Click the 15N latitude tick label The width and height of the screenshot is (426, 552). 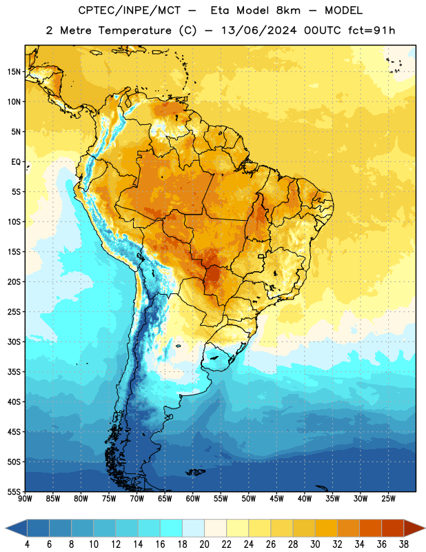coord(14,72)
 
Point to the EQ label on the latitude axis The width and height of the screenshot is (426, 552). coord(16,162)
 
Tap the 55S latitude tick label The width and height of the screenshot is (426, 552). coord(14,491)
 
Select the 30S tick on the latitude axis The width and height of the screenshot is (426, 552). coord(14,342)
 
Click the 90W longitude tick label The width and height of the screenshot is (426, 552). coord(25,499)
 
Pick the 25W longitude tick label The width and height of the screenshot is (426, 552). coord(388,499)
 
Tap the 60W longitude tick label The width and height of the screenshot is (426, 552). coord(193,499)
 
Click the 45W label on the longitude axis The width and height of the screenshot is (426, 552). coord(276,499)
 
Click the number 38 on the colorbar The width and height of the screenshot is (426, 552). coord(403,544)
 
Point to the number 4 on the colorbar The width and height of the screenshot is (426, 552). coord(27,544)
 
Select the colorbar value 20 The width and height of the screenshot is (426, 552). coord(204,544)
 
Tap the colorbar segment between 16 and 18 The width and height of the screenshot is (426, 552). coord(171,528)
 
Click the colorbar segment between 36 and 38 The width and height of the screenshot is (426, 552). coord(393,528)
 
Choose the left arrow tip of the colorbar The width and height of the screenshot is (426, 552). coord(6,528)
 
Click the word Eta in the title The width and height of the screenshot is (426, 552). coord(220,10)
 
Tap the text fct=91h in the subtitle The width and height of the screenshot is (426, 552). coord(372,30)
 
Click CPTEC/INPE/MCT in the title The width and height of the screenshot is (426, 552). coord(129,10)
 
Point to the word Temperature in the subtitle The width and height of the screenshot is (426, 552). coord(134,30)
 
